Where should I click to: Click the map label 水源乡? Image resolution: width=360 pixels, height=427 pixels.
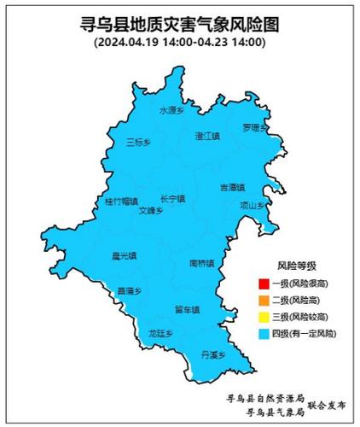171,110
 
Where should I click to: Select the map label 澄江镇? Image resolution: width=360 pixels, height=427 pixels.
207,135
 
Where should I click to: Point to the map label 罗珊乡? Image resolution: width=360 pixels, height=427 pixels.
254,128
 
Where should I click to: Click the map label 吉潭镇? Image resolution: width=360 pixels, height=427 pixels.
231,186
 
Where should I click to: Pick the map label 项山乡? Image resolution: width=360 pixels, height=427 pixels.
253,205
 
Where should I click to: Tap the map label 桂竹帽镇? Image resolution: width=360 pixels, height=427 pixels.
121,202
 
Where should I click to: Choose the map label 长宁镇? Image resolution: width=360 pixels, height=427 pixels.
172,198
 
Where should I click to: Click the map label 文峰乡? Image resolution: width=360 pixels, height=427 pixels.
150,210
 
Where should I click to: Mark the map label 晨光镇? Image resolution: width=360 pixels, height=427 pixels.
125,254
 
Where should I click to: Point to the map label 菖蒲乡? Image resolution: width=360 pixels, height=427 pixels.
129,291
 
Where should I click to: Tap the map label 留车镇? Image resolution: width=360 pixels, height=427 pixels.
186,309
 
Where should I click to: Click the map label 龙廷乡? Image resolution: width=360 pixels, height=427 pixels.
160,333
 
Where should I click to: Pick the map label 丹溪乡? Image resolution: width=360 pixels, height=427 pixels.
212,354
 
